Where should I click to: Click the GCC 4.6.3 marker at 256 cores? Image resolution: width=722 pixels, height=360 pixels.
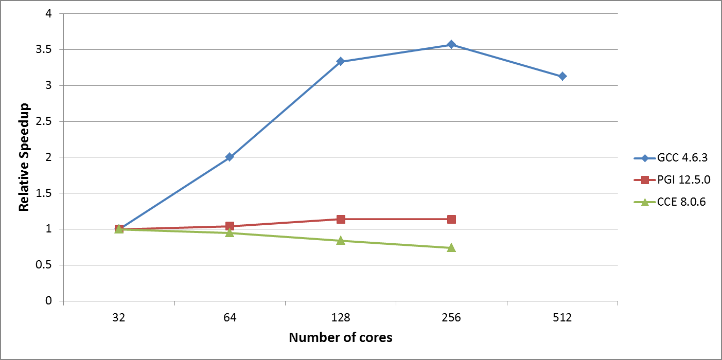pos(451,44)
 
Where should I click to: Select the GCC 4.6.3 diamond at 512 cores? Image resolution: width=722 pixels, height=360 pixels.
pos(562,76)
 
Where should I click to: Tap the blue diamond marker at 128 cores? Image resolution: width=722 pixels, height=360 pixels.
pos(341,61)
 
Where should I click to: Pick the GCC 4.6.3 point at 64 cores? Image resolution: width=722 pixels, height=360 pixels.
pos(230,157)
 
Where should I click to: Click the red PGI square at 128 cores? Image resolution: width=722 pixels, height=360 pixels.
pos(341,219)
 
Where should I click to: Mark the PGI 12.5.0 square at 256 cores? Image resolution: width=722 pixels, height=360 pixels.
pos(451,219)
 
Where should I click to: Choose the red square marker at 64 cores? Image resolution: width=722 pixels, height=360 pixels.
pos(230,226)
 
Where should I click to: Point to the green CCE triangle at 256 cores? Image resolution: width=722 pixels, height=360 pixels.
pos(451,247)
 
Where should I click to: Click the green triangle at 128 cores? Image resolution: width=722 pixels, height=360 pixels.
pos(341,240)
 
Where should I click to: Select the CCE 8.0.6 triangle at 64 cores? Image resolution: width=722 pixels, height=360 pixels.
pos(230,232)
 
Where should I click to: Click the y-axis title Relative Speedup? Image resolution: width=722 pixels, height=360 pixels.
pos(24,157)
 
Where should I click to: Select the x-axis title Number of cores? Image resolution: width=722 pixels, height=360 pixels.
pos(341,337)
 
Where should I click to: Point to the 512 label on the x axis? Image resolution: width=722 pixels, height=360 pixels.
pos(562,318)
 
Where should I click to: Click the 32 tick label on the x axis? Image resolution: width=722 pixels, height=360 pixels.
pos(119,318)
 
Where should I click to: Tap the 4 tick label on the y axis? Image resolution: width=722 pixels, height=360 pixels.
pos(49,14)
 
